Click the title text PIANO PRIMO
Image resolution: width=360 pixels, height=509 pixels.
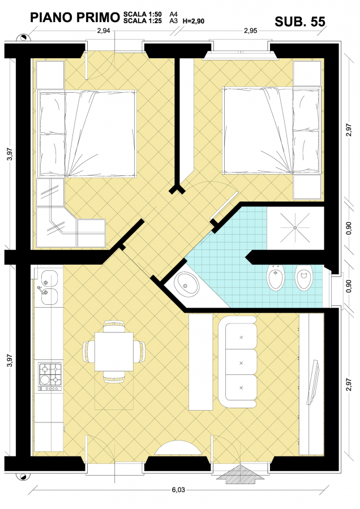tap(75, 18)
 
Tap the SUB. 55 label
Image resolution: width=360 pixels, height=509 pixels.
tap(300, 21)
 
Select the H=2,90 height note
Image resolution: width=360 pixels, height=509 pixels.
tap(194, 21)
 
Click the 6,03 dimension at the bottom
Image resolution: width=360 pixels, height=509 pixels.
tap(178, 490)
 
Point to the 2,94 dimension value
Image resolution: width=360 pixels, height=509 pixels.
tap(104, 31)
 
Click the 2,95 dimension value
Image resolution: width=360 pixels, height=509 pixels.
tap(251, 31)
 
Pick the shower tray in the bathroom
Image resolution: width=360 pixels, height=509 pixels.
tap(295, 228)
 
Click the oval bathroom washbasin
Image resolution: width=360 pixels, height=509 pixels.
tap(186, 284)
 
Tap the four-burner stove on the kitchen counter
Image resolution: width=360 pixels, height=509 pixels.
tap(50, 376)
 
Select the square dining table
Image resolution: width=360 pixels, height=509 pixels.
tap(114, 352)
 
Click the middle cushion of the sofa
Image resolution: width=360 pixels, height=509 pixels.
tap(241, 363)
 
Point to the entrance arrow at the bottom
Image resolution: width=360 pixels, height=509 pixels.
tap(240, 475)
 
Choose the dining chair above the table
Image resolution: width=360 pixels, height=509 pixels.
tap(114, 326)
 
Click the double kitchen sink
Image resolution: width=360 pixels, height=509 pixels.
tap(49, 288)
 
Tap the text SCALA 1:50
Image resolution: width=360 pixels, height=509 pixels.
tap(142, 14)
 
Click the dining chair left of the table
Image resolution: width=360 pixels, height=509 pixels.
tap(89, 352)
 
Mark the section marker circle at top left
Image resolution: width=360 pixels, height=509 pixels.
tap(23, 38)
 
